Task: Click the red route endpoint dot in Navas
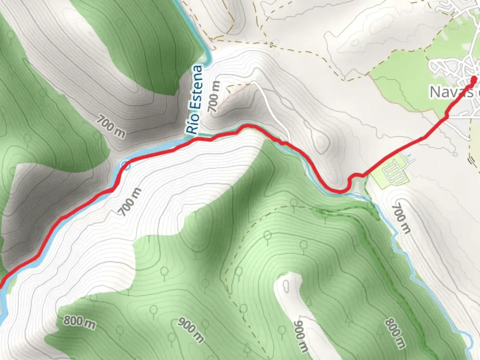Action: click(x=474, y=79)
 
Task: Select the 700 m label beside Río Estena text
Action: click(x=214, y=97)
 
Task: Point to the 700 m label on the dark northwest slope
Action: click(x=111, y=126)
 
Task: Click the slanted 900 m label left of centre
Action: click(x=190, y=330)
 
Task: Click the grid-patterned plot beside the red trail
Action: click(x=393, y=173)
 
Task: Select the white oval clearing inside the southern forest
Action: click(x=286, y=286)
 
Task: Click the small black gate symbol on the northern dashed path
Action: click(x=272, y=44)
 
